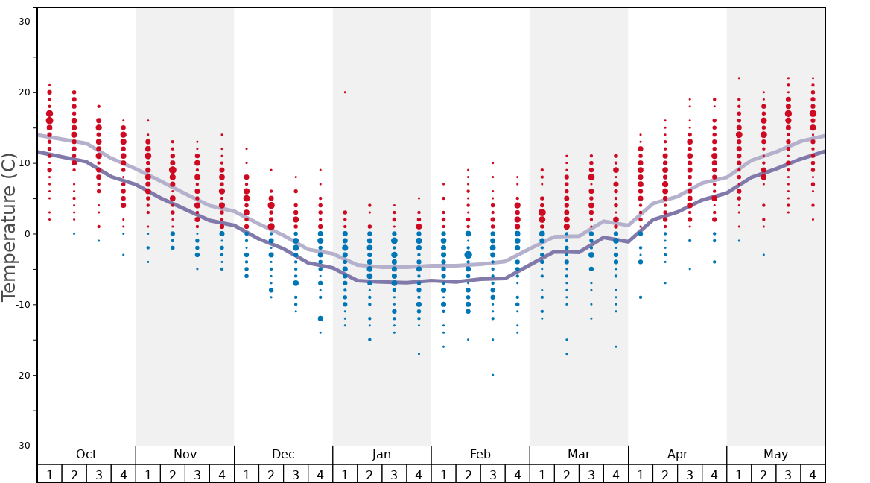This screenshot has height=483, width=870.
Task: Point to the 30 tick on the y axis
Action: (x=25, y=22)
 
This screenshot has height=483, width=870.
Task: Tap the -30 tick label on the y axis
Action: (x=23, y=446)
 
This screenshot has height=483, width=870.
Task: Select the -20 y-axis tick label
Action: (x=23, y=375)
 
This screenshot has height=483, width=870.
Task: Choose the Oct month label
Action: (x=86, y=455)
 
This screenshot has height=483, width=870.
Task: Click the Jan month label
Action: (x=381, y=455)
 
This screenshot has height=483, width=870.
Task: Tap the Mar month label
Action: (x=579, y=455)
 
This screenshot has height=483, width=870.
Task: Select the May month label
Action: (x=775, y=455)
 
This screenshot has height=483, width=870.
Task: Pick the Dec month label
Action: (x=283, y=455)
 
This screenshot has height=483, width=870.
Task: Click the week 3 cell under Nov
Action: (x=197, y=474)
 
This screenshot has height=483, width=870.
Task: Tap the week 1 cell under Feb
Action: (x=443, y=474)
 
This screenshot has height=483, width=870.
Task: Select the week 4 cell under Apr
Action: (x=714, y=474)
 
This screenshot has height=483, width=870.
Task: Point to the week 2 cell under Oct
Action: (x=74, y=474)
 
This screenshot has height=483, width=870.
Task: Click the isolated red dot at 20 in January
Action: (x=345, y=92)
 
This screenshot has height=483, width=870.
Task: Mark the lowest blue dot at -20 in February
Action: (x=492, y=375)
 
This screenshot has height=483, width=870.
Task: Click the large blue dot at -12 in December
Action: (x=320, y=318)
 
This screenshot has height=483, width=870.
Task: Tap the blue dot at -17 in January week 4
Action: (x=419, y=354)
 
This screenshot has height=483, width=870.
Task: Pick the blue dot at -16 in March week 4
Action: (x=616, y=347)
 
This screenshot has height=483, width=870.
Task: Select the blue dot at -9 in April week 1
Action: (x=641, y=297)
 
